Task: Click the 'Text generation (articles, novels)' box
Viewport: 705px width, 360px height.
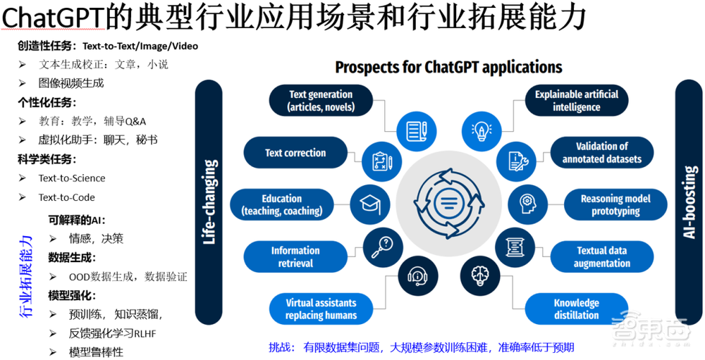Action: [321, 101]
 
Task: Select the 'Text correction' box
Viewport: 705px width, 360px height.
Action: [295, 153]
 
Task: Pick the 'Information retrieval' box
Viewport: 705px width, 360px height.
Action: [295, 256]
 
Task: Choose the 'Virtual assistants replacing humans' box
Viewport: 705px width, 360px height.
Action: [321, 309]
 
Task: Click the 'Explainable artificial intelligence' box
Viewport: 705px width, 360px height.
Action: [576, 101]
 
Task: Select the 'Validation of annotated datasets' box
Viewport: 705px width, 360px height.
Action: [601, 153]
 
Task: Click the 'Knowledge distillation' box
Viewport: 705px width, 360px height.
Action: [576, 309]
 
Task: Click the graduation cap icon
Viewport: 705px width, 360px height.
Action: [370, 205]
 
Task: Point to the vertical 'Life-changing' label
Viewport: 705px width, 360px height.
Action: [209, 202]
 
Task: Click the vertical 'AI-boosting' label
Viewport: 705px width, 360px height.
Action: [689, 202]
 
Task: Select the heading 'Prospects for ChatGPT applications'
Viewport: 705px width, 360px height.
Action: [448, 67]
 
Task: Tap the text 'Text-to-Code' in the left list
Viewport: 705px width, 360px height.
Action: [66, 197]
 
